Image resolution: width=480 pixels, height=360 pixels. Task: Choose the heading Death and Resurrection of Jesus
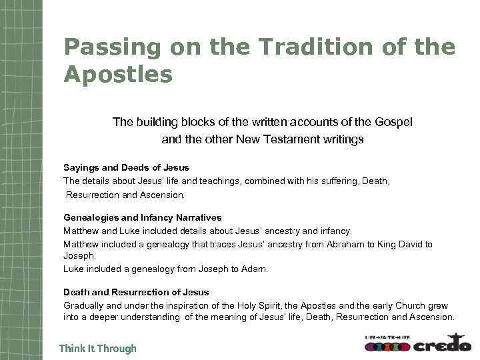(x=136, y=292)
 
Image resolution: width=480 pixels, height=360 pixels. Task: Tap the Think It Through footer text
(x=97, y=348)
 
